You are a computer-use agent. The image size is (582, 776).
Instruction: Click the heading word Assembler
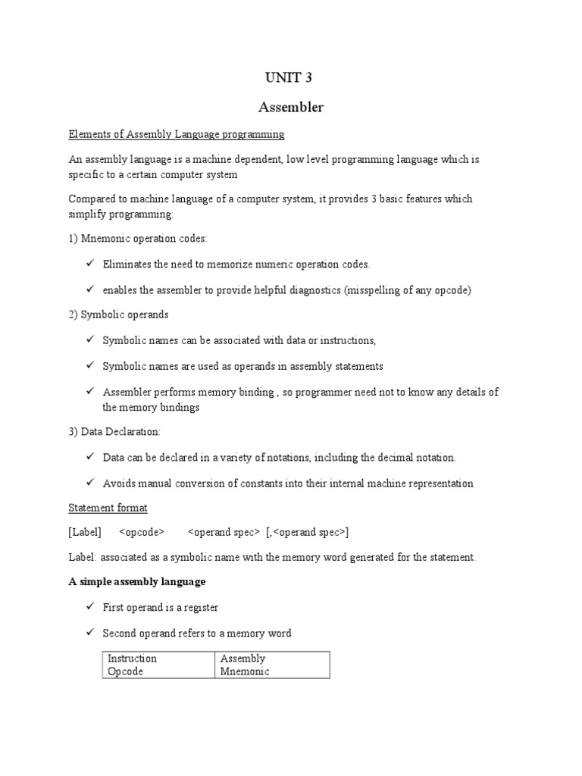291,108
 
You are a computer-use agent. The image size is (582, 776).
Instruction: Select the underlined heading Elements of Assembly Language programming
176,134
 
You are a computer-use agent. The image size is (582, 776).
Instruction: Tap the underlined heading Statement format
108,507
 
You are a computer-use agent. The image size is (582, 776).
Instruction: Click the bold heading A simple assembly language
137,582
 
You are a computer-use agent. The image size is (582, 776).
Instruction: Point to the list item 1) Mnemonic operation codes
137,239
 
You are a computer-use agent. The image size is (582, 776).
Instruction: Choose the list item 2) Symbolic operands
118,314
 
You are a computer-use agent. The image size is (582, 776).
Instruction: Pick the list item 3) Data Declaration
114,431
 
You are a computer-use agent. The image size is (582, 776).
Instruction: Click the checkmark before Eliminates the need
89,264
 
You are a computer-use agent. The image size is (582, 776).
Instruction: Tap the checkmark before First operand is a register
89,607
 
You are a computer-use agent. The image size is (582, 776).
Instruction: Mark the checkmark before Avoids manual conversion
89,483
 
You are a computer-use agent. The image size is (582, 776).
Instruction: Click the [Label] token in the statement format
84,532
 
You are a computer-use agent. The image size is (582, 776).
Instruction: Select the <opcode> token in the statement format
142,532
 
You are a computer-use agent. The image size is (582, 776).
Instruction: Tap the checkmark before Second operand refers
89,633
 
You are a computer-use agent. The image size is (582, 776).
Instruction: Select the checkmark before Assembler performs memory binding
89,391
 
